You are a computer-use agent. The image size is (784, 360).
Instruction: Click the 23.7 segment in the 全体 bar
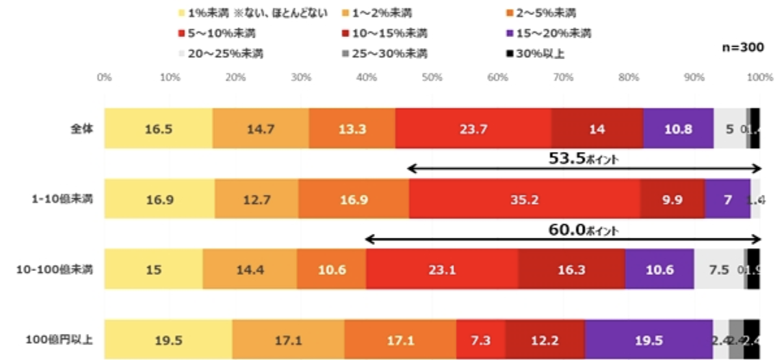tap(473, 128)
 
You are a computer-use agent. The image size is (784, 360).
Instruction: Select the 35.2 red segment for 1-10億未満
tap(524, 198)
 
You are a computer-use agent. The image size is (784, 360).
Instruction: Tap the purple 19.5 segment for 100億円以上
tap(648, 339)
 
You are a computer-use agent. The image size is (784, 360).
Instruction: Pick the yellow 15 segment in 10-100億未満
tap(153, 268)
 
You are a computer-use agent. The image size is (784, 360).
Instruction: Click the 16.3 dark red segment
tap(571, 268)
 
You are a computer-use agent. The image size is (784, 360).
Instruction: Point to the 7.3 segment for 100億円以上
tap(480, 339)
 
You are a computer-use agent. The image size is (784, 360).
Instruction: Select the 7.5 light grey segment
tap(719, 268)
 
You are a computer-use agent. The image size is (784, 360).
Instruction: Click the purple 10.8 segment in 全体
tap(678, 128)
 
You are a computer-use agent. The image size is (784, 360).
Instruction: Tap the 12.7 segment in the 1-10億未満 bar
tap(256, 198)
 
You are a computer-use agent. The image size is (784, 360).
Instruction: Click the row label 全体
tap(82, 128)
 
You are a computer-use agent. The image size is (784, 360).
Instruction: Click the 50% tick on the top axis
tap(432, 78)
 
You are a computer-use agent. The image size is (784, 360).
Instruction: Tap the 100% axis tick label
tap(759, 78)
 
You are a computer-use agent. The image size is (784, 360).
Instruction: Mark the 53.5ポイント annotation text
tap(582, 158)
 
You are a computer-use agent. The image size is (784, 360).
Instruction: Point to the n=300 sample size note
tap(744, 47)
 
